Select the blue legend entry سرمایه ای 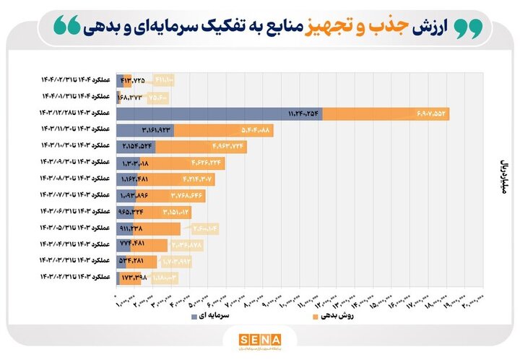click(x=214, y=316)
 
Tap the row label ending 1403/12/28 click(x=76, y=113)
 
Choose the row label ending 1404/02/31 click(x=76, y=80)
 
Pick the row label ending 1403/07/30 click(x=76, y=195)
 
